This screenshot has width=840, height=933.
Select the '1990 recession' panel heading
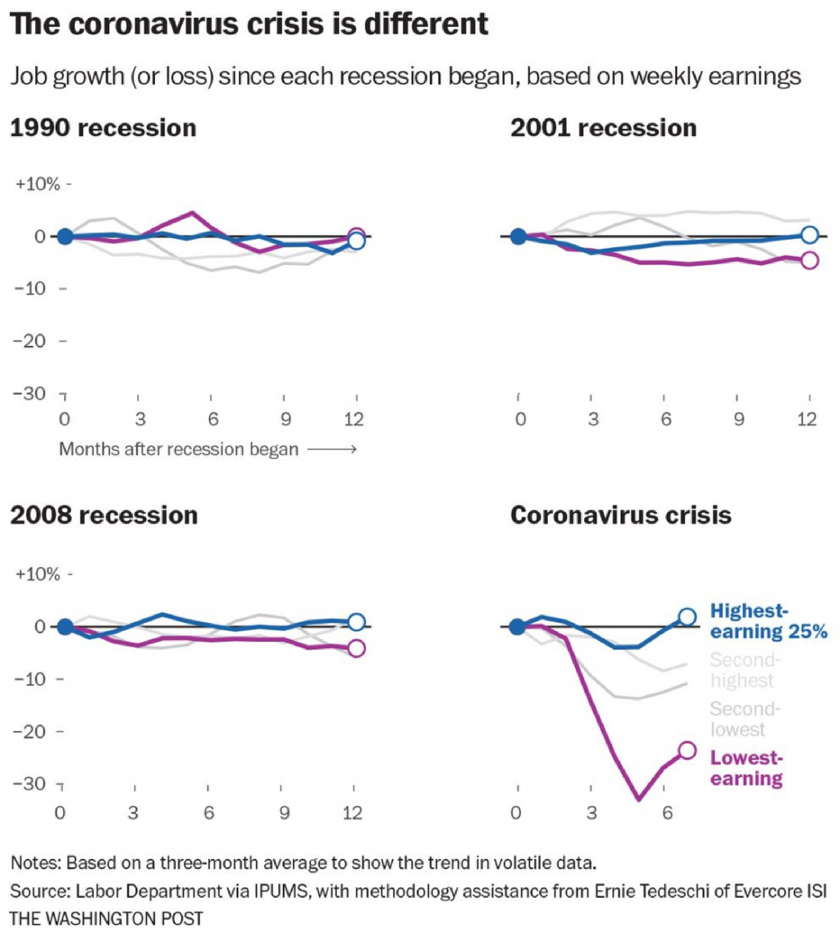103,128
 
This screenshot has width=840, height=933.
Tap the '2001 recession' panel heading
603,128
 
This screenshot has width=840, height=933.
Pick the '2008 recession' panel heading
104,515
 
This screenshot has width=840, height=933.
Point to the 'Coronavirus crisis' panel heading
621,515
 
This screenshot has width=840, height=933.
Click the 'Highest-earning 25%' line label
768,621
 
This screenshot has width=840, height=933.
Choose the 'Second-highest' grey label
744,670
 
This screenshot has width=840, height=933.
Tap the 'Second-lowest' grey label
744,719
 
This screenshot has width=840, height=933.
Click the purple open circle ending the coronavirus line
687,750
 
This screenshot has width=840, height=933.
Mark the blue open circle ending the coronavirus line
687,616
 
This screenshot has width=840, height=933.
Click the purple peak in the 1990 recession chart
192,213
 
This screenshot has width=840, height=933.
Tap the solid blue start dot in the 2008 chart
66,626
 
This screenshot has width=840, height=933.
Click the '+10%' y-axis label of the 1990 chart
38,185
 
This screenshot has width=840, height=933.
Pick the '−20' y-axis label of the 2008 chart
31,732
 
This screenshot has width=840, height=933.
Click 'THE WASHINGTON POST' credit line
106,918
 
